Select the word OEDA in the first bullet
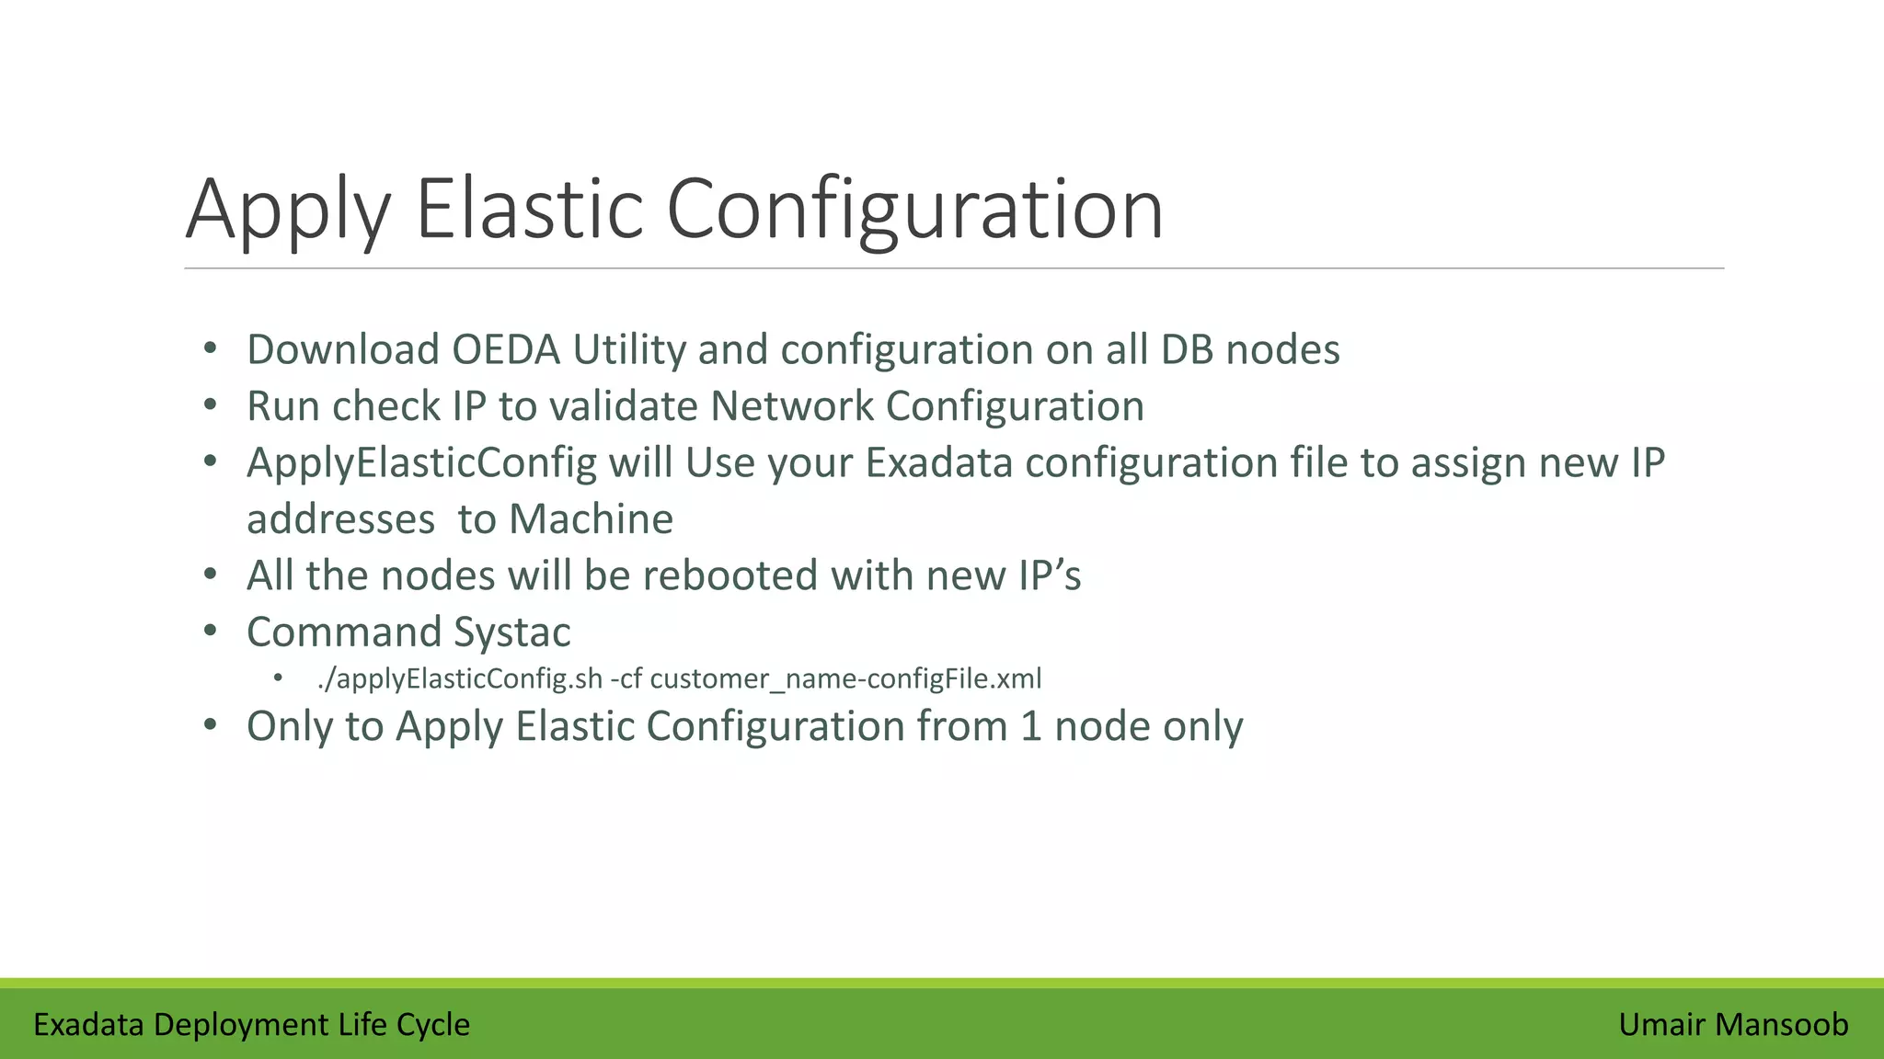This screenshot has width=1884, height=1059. pyautogui.click(x=506, y=349)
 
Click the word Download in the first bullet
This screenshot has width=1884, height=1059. pyautogui.click(x=343, y=349)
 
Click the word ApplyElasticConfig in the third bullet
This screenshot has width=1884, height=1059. pyautogui.click(x=422, y=462)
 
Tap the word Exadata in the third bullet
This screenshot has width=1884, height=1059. pyautogui.click(x=939, y=462)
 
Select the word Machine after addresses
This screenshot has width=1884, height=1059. pyautogui.click(x=591, y=519)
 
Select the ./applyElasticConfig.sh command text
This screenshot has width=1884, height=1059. pyautogui.click(x=459, y=679)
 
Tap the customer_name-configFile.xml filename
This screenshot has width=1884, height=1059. pyautogui.click(x=845, y=679)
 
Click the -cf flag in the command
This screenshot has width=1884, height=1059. pyautogui.click(x=626, y=679)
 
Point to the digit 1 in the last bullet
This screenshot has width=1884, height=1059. pyautogui.click(x=1030, y=726)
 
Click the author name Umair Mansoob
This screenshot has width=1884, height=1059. pyautogui.click(x=1733, y=1024)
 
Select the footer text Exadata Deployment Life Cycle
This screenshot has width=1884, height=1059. pyautogui.click(x=251, y=1024)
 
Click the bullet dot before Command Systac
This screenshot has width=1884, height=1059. pyautogui.click(x=211, y=632)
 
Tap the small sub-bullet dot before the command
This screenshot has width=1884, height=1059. pyautogui.click(x=279, y=678)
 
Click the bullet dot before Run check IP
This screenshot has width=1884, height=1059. pyautogui.click(x=211, y=405)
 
